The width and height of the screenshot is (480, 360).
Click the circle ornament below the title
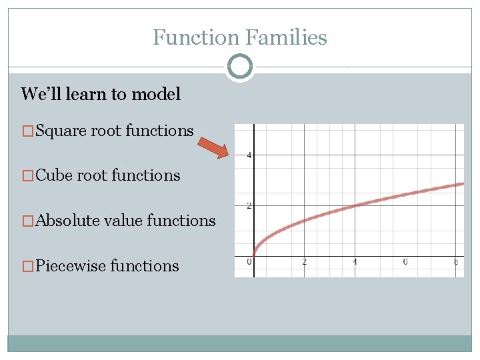coord(240,67)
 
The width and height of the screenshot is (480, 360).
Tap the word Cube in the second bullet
coord(55,175)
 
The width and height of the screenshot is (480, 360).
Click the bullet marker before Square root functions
coord(27,131)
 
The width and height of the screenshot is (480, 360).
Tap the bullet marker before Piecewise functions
coord(27,266)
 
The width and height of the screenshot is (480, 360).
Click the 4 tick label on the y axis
coord(249,155)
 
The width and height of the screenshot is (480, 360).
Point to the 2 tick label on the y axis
coord(249,206)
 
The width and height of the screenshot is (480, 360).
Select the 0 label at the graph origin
coord(249,261)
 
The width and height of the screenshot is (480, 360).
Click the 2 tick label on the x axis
coord(305,262)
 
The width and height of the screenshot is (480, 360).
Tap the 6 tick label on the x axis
coord(405,262)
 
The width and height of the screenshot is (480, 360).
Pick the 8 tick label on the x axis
coord(456,262)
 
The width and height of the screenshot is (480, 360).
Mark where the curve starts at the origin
coord(254,256)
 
